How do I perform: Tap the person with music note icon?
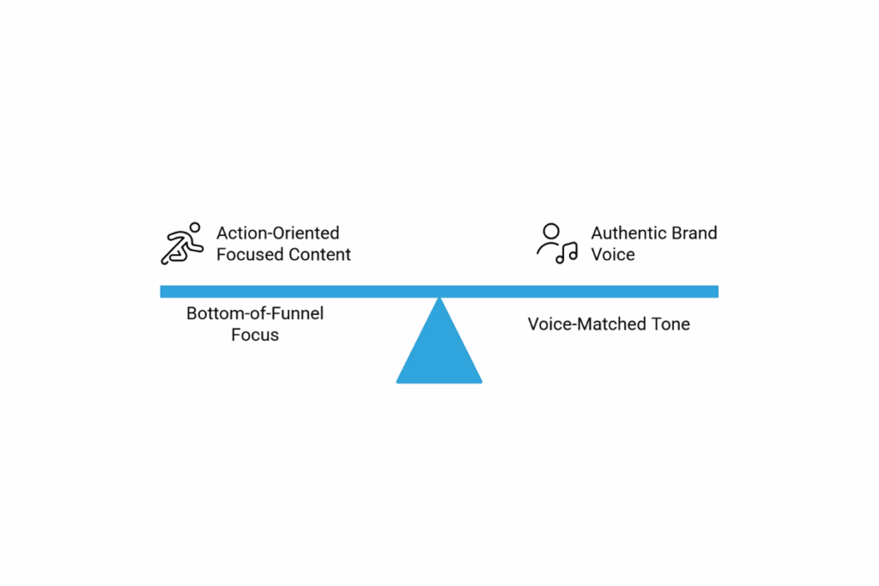[x=556, y=244]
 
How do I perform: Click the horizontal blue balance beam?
[x=439, y=292]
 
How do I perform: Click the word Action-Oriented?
[x=278, y=233]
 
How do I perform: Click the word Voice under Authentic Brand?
[x=613, y=254]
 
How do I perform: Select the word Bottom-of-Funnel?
[x=255, y=313]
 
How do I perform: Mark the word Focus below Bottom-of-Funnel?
[x=255, y=335]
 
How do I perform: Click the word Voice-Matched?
[x=587, y=323]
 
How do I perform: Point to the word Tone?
[x=670, y=323]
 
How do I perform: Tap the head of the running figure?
[x=195, y=227]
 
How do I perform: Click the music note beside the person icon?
[x=567, y=253]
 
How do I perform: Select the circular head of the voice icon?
[x=551, y=232]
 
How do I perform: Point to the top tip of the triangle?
[x=439, y=298]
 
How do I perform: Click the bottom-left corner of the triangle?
[x=397, y=383]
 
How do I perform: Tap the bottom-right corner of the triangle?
[x=482, y=383]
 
